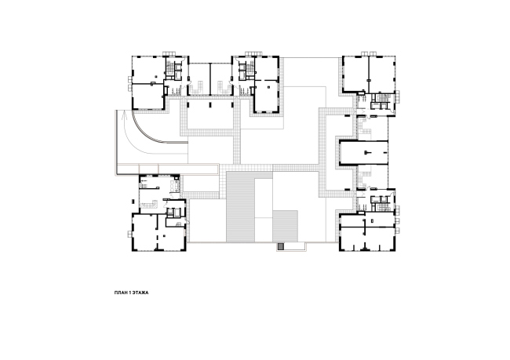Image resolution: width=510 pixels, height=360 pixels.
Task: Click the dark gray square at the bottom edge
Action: pyautogui.click(x=281, y=247)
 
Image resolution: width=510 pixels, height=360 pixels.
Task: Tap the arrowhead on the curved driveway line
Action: pyautogui.click(x=123, y=115)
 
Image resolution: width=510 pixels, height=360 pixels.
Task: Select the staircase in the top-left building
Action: pyautogui.click(x=169, y=68)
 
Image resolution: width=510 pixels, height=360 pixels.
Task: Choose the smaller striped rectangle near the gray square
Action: pyautogui.click(x=286, y=226)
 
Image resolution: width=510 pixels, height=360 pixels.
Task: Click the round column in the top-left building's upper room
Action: pyautogui.click(x=156, y=76)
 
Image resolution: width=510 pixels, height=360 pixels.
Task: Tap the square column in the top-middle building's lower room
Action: pyautogui.click(x=268, y=87)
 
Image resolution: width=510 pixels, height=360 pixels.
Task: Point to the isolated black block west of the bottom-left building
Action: pyautogui.click(x=132, y=202)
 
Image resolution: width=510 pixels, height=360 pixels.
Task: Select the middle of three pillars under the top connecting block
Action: pyautogui.click(x=209, y=104)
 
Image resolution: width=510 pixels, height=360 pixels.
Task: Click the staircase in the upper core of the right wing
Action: pyautogui.click(x=386, y=97)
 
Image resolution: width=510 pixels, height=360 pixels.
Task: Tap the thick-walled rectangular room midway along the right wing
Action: pyautogui.click(x=363, y=152)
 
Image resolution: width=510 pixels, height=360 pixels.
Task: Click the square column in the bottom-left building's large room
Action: pyautogui.click(x=164, y=235)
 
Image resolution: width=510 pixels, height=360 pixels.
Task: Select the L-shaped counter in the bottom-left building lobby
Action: pyautogui.click(x=149, y=205)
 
